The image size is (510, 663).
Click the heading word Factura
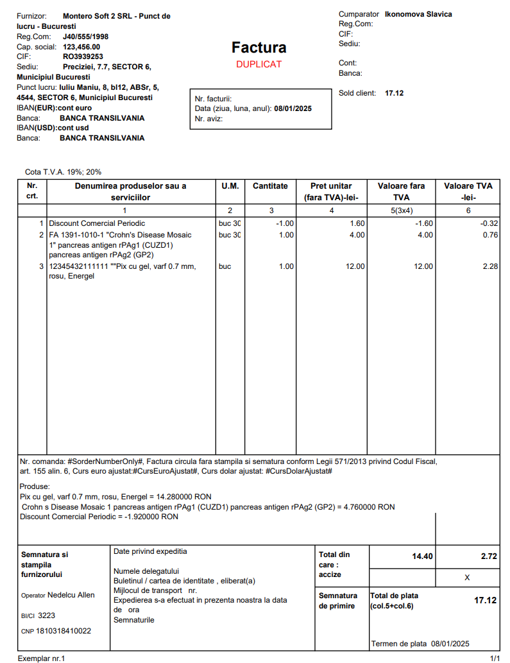pyautogui.click(x=259, y=47)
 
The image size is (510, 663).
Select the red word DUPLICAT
pyautogui.click(x=259, y=64)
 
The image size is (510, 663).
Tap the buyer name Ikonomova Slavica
pyautogui.click(x=418, y=14)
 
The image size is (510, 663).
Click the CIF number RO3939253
pyautogui.click(x=83, y=56)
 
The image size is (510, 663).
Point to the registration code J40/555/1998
pyautogui.click(x=86, y=37)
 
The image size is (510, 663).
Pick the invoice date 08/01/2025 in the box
pyautogui.click(x=293, y=109)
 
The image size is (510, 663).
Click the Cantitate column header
pyautogui.click(x=270, y=186)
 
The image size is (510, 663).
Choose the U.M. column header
pyautogui.click(x=230, y=186)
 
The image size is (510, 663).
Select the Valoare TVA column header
pyautogui.click(x=468, y=191)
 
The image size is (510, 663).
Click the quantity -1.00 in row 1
pyautogui.click(x=284, y=223)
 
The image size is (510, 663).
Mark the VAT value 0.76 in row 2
pyautogui.click(x=490, y=235)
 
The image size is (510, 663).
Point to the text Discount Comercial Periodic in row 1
pyautogui.click(x=97, y=223)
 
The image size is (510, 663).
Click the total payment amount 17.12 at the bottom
pyautogui.click(x=486, y=600)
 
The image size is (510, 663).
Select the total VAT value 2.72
pyautogui.click(x=489, y=556)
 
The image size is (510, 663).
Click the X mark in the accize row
pyautogui.click(x=467, y=578)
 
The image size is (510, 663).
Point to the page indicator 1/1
pyautogui.click(x=495, y=659)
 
